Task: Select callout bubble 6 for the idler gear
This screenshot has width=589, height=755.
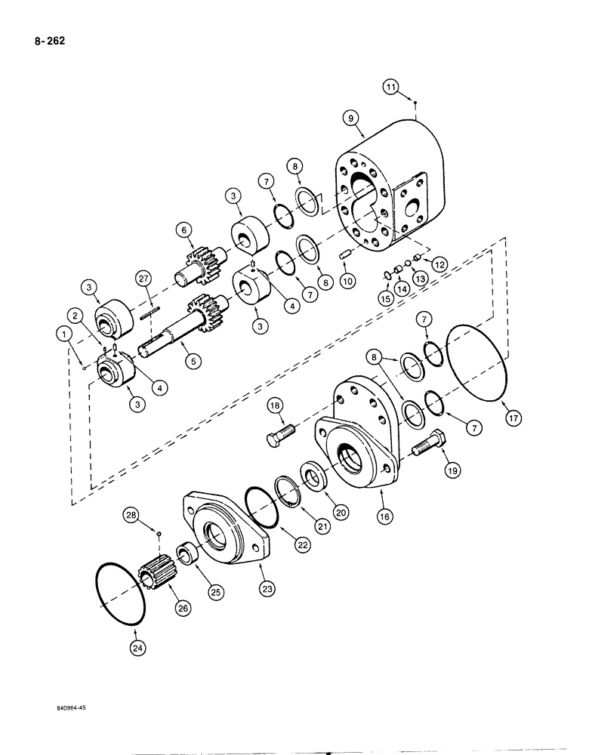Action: tap(181, 230)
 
